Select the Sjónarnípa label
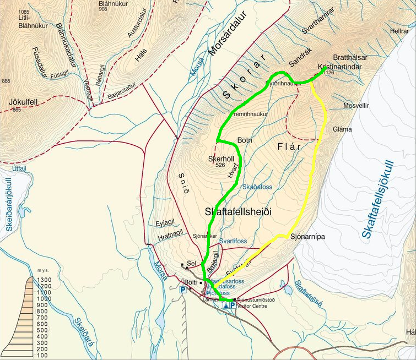[x=306, y=237]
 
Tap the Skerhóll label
[x=221, y=159]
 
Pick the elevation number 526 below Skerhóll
[x=221, y=165]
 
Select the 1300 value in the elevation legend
[x=44, y=280]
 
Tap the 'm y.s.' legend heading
[x=45, y=271]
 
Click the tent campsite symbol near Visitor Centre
[x=226, y=305]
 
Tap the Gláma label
[x=342, y=129]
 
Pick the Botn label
[x=244, y=140]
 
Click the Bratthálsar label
[x=350, y=57]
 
